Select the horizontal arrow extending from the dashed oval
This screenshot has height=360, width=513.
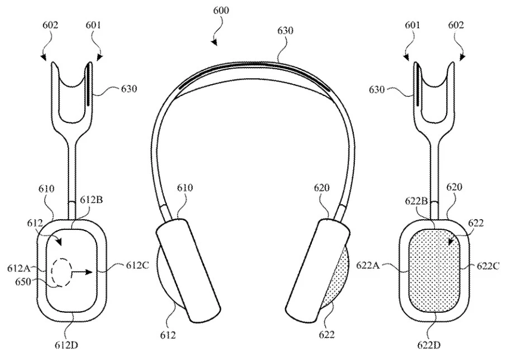(81, 272)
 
